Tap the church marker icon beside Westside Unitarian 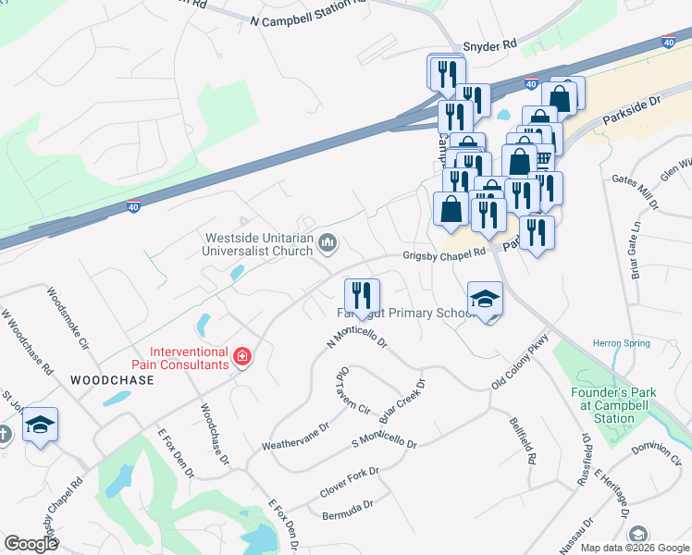coord(327,244)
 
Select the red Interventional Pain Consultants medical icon coord(242,357)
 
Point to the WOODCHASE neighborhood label coord(112,380)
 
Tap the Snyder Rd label coord(488,45)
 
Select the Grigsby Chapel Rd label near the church coord(443,254)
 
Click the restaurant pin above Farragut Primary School coord(362,296)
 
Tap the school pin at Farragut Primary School coord(485,299)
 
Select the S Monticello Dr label coord(385,440)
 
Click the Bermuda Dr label coord(347,509)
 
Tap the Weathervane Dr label coord(295,436)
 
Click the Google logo coord(31,544)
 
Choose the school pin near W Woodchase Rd coord(40,425)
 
